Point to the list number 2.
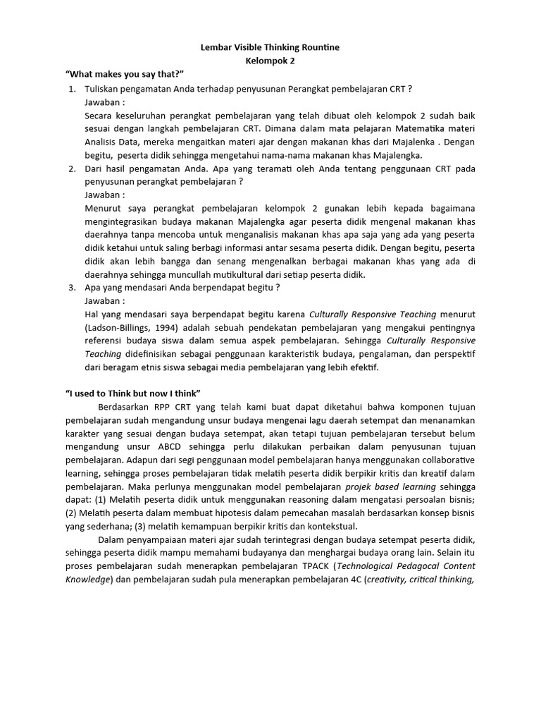(x=72, y=169)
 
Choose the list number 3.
(x=72, y=288)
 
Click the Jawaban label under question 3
(x=105, y=301)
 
